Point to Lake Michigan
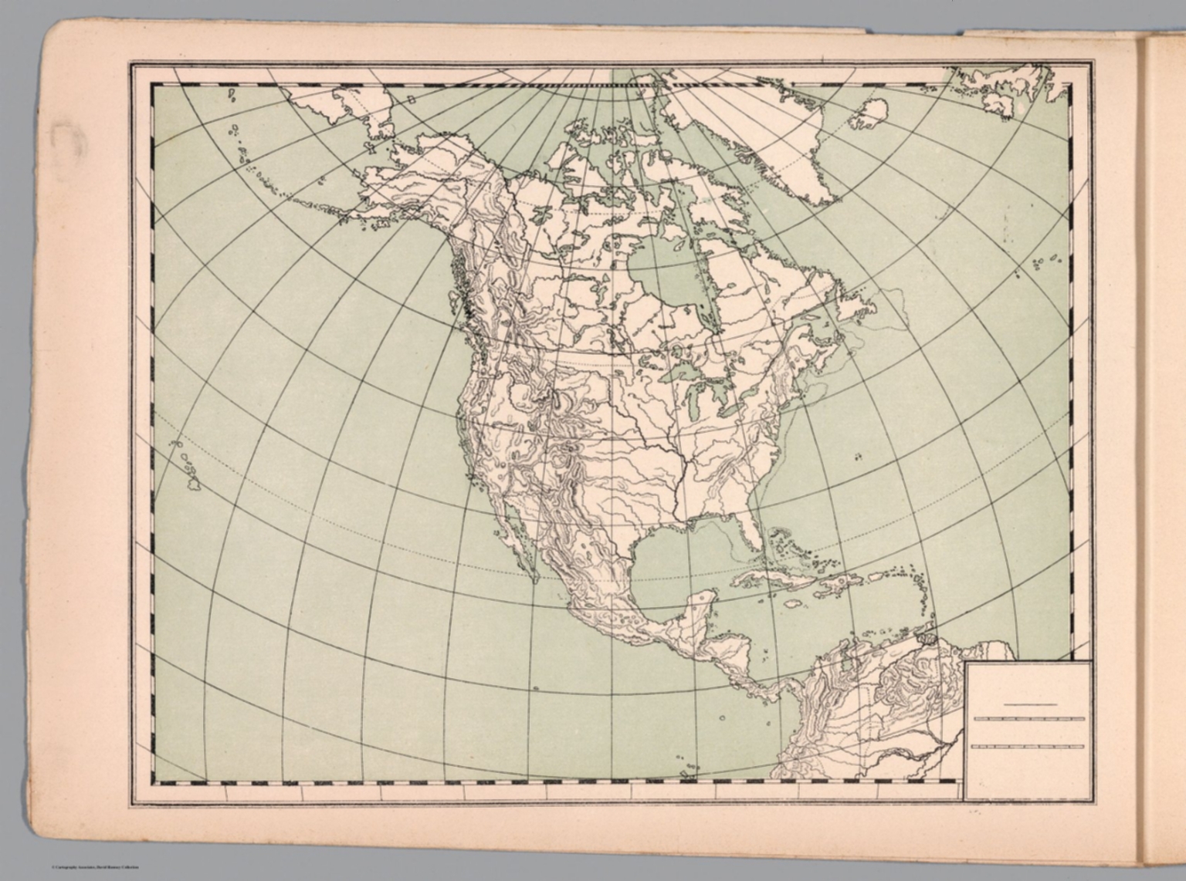pos(694,401)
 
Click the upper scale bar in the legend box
pos(1029,719)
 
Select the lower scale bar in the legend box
pos(1029,747)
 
